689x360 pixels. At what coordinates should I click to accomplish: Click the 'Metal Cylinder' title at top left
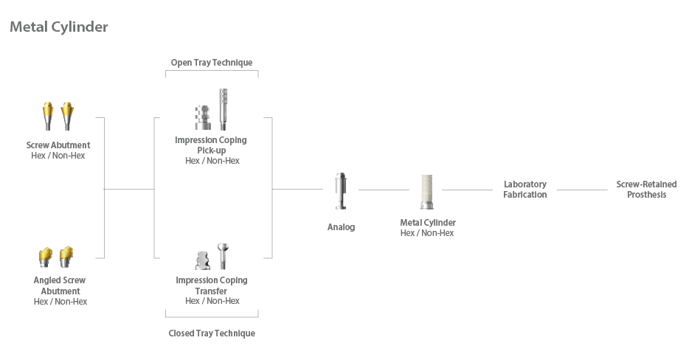click(x=58, y=27)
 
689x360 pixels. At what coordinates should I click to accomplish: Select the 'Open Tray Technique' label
click(x=212, y=63)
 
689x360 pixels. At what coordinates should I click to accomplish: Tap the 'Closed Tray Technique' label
click(x=212, y=333)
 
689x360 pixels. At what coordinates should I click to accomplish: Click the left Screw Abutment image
click(x=49, y=117)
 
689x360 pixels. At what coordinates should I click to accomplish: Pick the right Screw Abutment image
click(x=69, y=117)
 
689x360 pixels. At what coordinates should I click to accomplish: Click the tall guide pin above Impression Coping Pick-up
click(x=223, y=109)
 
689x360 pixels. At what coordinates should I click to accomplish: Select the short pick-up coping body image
click(x=201, y=117)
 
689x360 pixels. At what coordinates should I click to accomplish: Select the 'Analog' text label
click(x=341, y=227)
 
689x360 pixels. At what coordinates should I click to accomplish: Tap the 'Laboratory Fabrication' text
click(x=525, y=190)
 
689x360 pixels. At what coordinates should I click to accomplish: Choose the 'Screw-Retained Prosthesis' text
click(x=646, y=190)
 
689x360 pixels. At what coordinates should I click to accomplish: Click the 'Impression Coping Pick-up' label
click(x=211, y=145)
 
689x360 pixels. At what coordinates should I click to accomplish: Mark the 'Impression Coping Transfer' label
click(x=212, y=285)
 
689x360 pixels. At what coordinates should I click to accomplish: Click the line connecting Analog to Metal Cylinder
click(x=383, y=190)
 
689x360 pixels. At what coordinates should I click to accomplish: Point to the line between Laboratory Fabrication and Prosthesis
click(x=582, y=190)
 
